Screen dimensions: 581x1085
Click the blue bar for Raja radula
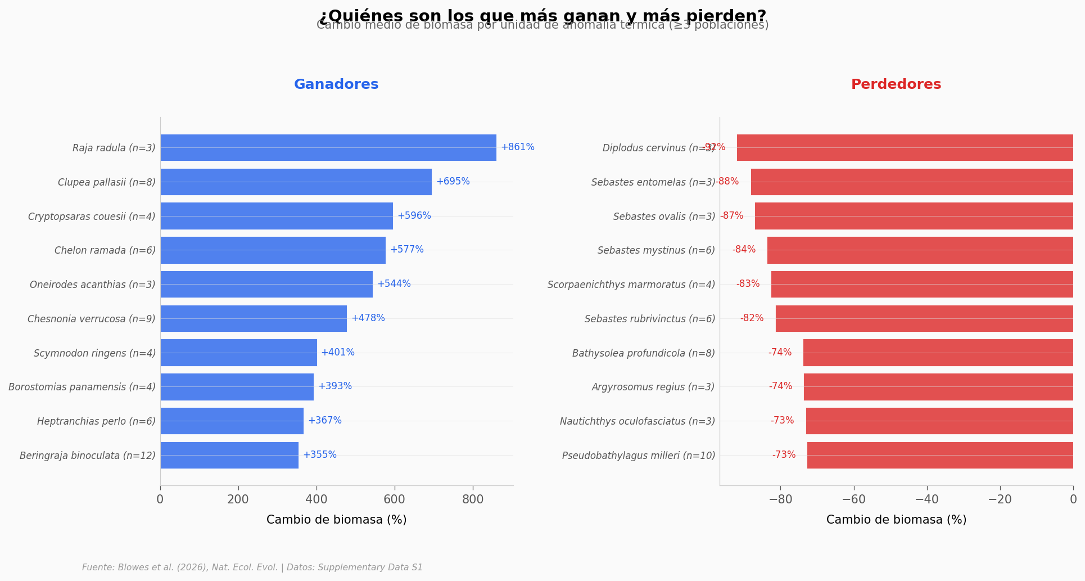click(328, 147)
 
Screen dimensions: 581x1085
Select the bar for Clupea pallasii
click(296, 182)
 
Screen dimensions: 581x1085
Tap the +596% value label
click(414, 216)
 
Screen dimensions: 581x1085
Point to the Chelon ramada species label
click(105, 250)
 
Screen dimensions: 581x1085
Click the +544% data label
click(394, 284)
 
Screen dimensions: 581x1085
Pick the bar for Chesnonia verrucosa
click(254, 318)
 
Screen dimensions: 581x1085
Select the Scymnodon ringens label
click(94, 353)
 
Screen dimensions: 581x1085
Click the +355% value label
click(319, 455)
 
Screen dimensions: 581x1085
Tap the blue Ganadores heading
click(336, 85)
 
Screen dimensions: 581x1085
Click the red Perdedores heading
click(896, 85)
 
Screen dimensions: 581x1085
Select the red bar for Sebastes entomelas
click(912, 182)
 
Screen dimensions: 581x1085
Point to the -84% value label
click(744, 250)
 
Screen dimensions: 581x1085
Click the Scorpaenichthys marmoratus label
click(631, 285)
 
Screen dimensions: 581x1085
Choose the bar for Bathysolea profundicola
click(938, 353)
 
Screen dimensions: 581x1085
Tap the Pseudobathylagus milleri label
click(639, 456)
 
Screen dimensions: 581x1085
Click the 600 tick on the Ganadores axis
click(395, 499)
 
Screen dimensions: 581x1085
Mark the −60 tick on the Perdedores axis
click(853, 499)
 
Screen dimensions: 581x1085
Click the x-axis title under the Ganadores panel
click(336, 520)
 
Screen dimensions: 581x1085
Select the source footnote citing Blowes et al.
click(252, 568)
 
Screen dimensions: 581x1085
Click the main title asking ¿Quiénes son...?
click(542, 15)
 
